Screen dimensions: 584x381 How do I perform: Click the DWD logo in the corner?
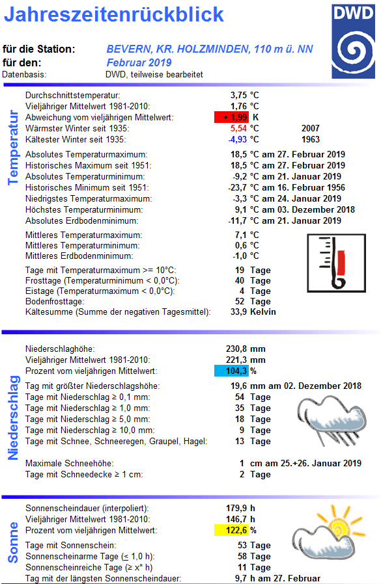pos(354,40)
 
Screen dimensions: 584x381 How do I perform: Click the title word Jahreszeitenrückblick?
pos(114,15)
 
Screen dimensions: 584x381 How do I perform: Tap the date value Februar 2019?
pos(139,62)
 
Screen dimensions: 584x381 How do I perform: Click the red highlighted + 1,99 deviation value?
pos(232,117)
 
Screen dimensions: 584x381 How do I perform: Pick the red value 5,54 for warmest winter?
pos(239,129)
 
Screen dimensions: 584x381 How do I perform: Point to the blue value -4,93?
pos(238,140)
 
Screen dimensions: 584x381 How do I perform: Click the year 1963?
pos(311,140)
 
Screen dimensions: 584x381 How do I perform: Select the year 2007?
pos(311,129)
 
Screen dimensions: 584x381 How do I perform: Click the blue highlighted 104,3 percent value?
pos(232,371)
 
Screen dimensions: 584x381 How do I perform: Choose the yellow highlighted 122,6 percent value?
pos(232,530)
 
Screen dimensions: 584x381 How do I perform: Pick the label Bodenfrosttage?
pos(54,302)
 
